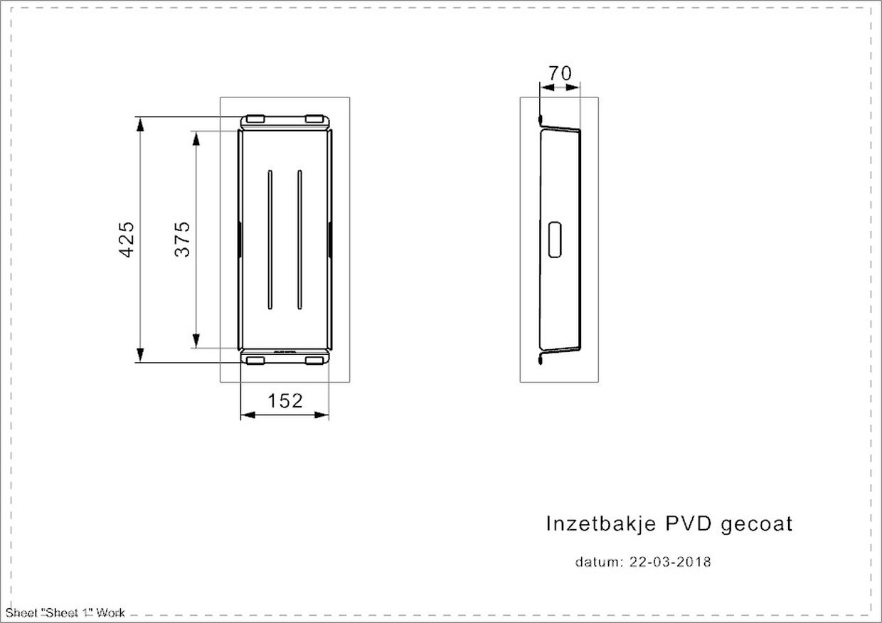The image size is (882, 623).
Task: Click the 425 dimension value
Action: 127,240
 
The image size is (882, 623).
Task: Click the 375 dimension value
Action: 182,240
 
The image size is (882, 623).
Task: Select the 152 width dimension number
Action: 285,401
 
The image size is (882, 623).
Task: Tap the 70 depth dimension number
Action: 560,73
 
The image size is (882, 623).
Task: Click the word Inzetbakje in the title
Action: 601,524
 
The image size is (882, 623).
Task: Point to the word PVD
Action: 689,523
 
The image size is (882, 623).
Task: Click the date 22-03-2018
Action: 670,562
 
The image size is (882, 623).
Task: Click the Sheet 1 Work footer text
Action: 65,613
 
